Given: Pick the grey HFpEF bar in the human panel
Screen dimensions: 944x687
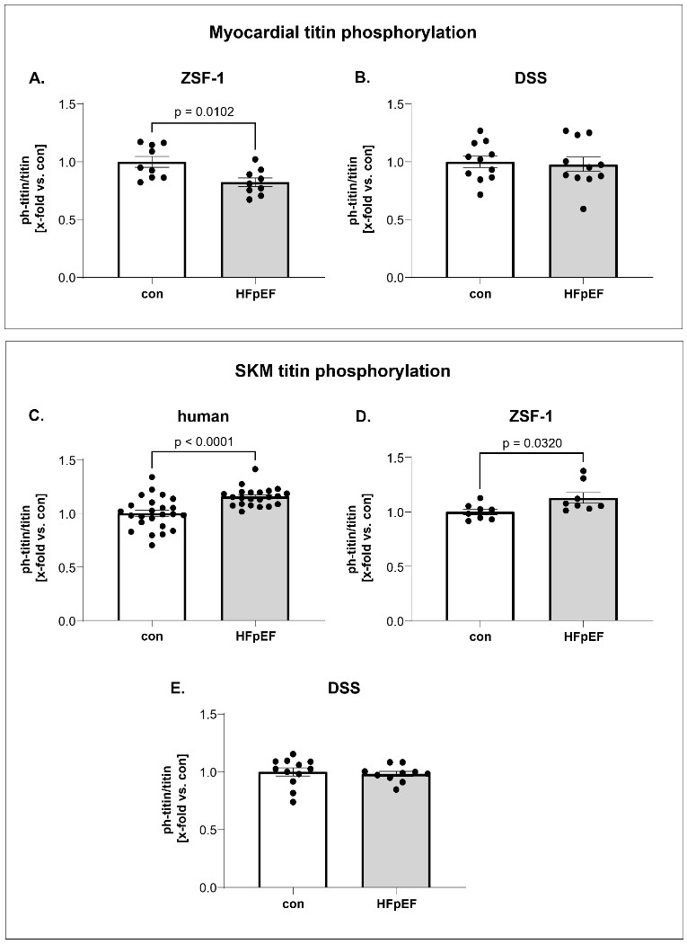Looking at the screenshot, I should coord(256,566).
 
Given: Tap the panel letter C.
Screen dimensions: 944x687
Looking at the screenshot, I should coord(36,414).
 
